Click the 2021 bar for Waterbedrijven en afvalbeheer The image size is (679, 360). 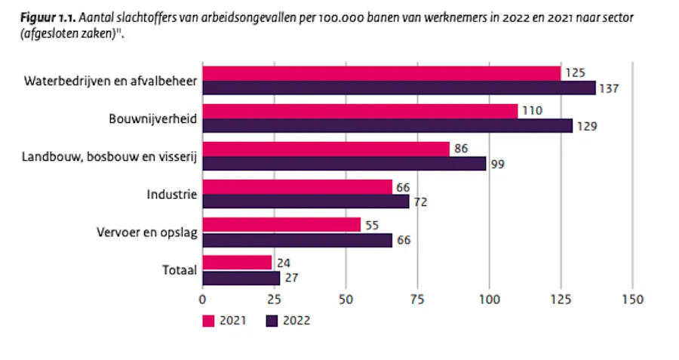pyautogui.click(x=382, y=73)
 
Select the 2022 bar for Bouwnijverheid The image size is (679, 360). pyautogui.click(x=388, y=125)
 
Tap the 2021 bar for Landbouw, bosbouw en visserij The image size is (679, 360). pyautogui.click(x=326, y=149)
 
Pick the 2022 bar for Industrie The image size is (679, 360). pyautogui.click(x=306, y=201)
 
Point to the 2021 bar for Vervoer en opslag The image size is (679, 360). pyautogui.click(x=281, y=224)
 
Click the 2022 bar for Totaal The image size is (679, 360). pyautogui.click(x=241, y=277)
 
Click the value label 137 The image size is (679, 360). pyautogui.click(x=608, y=88)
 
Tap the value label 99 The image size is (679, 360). pyautogui.click(x=497, y=164)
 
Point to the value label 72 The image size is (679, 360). pyautogui.click(x=420, y=202)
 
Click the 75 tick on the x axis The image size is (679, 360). pyautogui.click(x=417, y=299)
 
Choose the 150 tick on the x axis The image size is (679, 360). pyautogui.click(x=632, y=299)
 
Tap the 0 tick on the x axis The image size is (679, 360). pyautogui.click(x=202, y=299)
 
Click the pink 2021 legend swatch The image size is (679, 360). pyautogui.click(x=209, y=321)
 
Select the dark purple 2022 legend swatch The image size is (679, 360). pyautogui.click(x=273, y=321)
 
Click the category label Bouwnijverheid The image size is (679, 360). pyautogui.click(x=153, y=118)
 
